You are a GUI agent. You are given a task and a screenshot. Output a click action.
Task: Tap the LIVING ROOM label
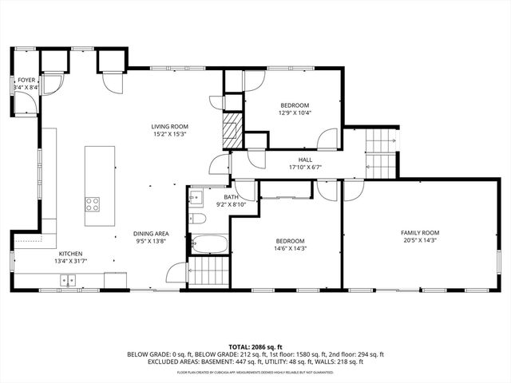(x=169, y=126)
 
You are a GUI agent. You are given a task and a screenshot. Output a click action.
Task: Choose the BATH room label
(x=231, y=197)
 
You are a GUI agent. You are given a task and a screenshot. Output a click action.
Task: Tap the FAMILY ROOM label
(x=420, y=233)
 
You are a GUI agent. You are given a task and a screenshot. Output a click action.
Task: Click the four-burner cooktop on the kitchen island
(x=93, y=203)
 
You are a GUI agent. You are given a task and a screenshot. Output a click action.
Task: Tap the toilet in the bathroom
(x=200, y=218)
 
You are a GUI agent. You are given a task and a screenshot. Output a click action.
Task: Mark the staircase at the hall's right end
(x=381, y=155)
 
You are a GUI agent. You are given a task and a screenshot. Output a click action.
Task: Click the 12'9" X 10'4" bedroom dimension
(x=294, y=113)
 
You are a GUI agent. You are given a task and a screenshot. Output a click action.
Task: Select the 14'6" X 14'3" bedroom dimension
(x=290, y=249)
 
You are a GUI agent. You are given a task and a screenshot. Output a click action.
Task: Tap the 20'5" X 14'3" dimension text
(x=420, y=241)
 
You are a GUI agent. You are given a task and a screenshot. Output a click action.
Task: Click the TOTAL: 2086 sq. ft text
(x=255, y=346)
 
